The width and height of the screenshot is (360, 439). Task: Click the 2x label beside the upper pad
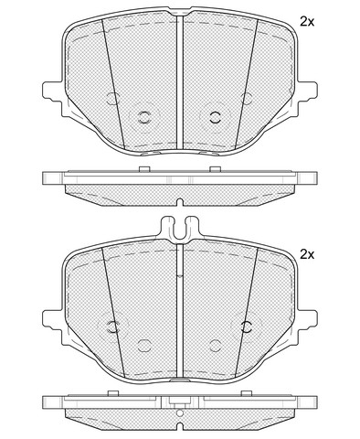click(x=307, y=22)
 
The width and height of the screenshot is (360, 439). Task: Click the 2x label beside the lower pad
click(x=307, y=254)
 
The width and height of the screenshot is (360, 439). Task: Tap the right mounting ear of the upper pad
click(x=307, y=90)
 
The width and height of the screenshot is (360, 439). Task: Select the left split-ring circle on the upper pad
click(x=144, y=117)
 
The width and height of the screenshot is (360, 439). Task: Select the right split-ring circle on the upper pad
click(x=216, y=117)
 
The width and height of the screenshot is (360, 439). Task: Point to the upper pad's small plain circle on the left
click(x=113, y=98)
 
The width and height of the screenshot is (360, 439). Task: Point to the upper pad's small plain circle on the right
click(x=247, y=98)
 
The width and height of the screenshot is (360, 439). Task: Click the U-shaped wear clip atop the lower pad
click(x=180, y=228)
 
